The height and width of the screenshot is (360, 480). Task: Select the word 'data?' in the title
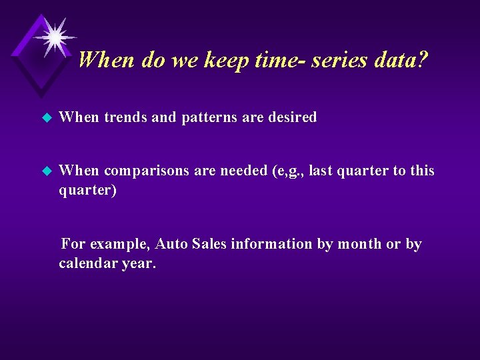[399, 61]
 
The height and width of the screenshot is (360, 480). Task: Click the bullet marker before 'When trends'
[46, 118]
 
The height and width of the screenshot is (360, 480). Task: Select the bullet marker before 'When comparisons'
[46, 171]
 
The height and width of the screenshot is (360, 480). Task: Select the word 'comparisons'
[147, 171]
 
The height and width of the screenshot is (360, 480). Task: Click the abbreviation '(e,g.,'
[288, 171]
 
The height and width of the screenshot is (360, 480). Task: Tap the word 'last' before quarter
[322, 171]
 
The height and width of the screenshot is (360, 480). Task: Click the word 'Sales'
[209, 244]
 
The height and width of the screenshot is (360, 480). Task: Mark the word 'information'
[271, 244]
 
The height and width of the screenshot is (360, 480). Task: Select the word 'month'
[359, 244]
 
